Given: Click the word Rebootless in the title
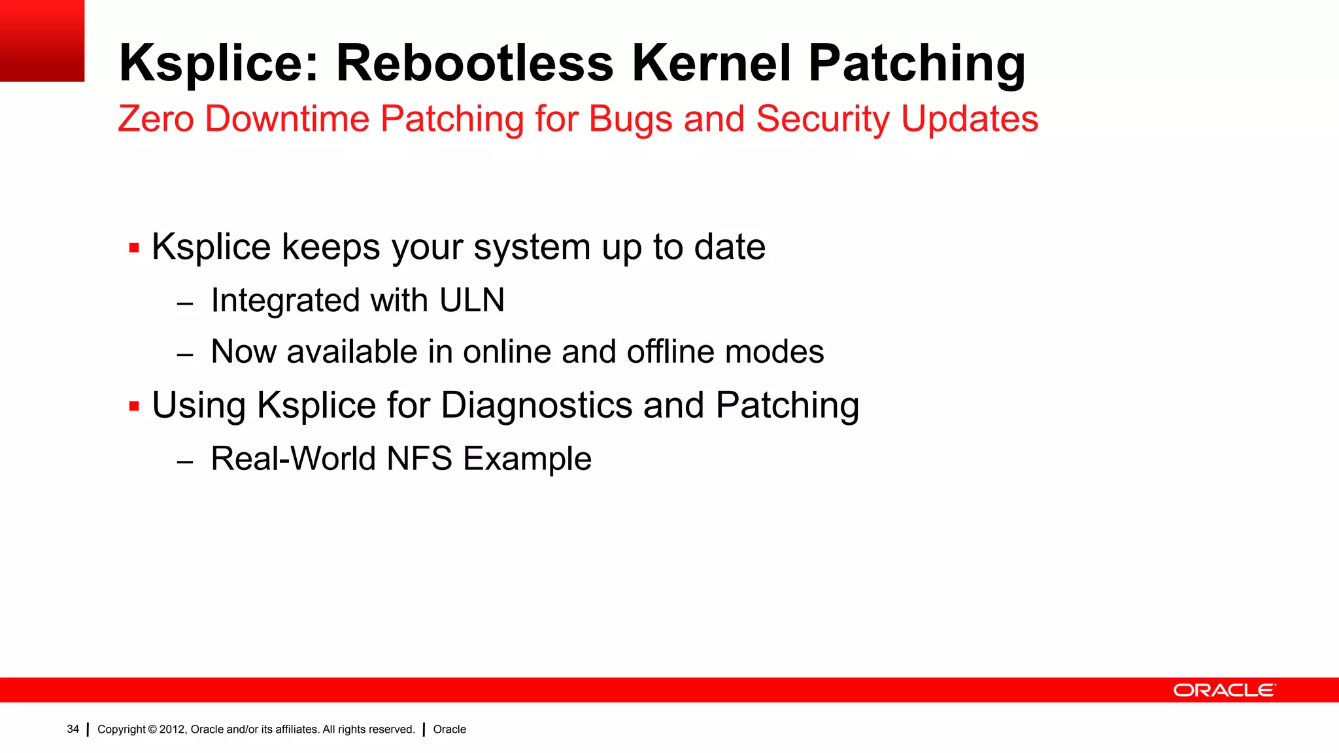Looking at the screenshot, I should click(x=475, y=63).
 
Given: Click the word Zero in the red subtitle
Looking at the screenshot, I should click(x=156, y=119).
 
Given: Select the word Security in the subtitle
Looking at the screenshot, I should click(x=822, y=119).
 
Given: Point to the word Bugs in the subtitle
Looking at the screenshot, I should click(x=630, y=119).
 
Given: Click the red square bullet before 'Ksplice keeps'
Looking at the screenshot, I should click(x=134, y=248).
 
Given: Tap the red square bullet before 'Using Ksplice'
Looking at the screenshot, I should click(x=134, y=407).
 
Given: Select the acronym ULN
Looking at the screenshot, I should click(x=471, y=301).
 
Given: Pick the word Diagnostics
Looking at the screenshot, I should click(x=537, y=405).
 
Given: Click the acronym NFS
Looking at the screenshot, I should click(x=419, y=458).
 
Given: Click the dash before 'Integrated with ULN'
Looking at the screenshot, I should click(x=185, y=304).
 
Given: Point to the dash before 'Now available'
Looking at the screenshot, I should click(x=185, y=355).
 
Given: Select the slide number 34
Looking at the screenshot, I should click(x=73, y=729).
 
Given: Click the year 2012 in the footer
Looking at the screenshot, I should click(x=172, y=729).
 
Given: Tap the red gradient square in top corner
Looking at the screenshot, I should click(x=42, y=41).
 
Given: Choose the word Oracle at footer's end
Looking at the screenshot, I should click(x=449, y=729).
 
